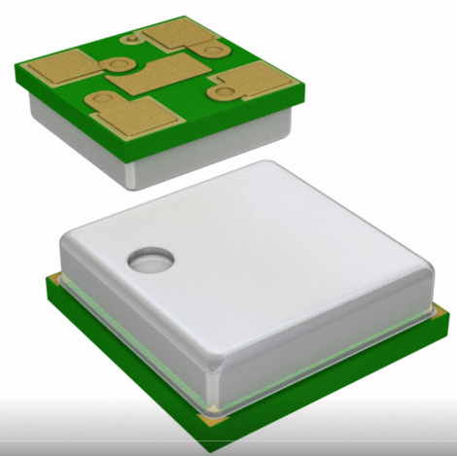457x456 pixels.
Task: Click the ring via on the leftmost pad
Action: point(119,64)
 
